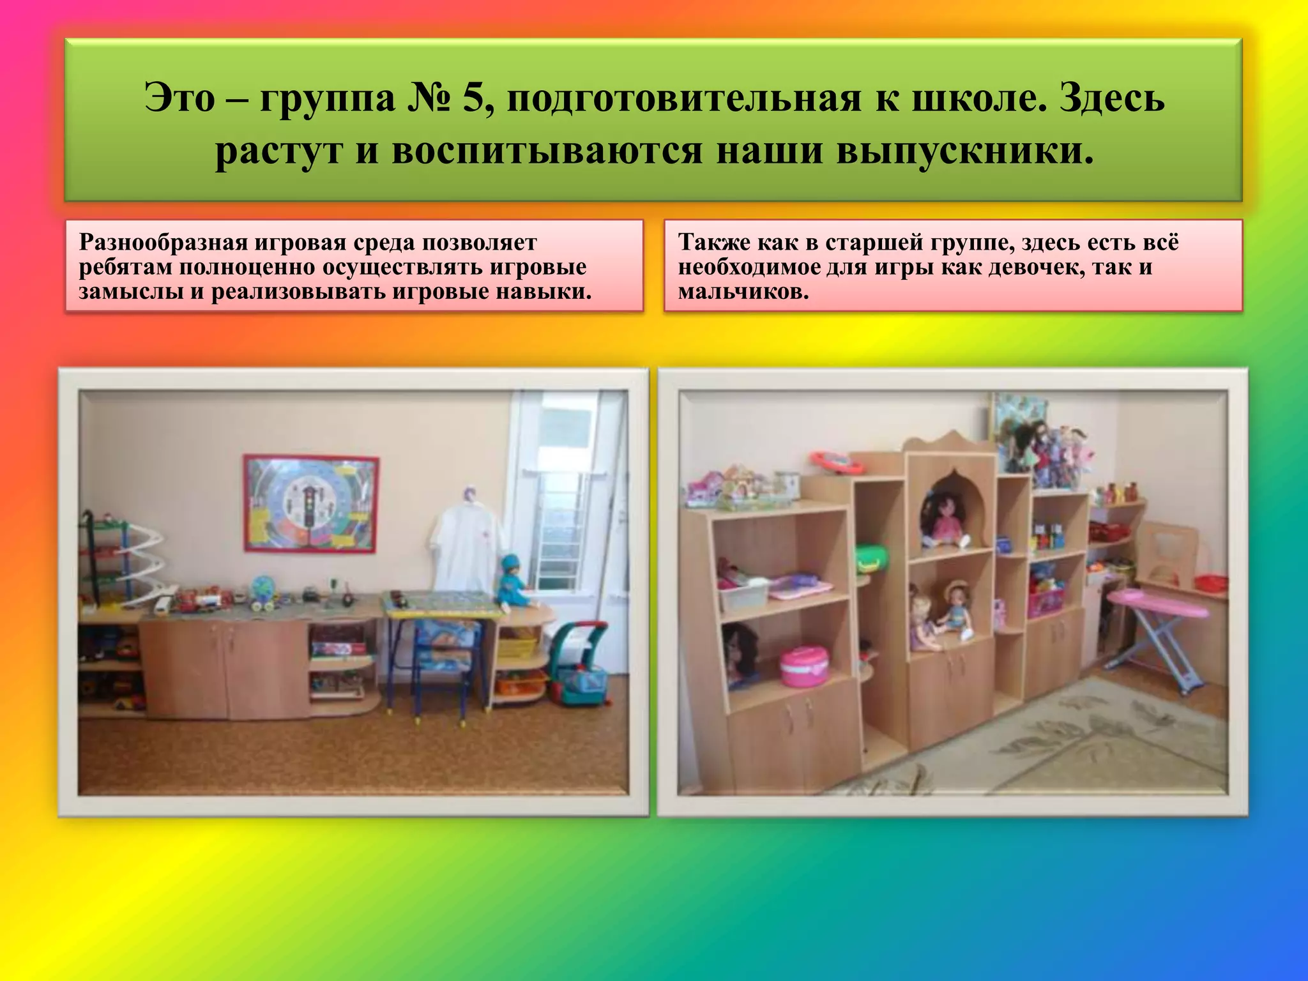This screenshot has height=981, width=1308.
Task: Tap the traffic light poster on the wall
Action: (x=311, y=504)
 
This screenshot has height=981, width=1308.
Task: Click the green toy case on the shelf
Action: (x=872, y=558)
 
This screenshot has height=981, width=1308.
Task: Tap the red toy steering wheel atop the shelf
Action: (x=837, y=462)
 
